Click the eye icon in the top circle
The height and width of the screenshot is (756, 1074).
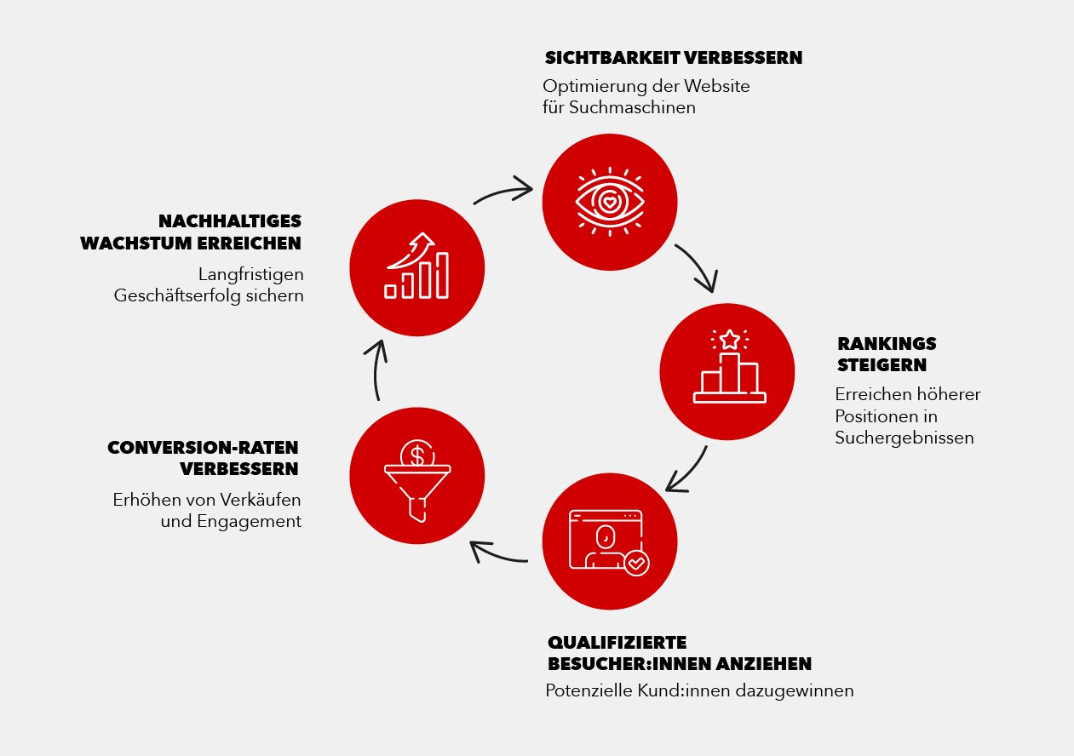pyautogui.click(x=610, y=202)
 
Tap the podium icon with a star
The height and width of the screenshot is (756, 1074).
pyautogui.click(x=729, y=366)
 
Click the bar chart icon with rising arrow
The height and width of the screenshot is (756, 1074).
pyautogui.click(x=416, y=266)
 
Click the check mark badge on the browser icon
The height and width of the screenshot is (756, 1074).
pyautogui.click(x=637, y=563)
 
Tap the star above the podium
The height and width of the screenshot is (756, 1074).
pyautogui.click(x=729, y=340)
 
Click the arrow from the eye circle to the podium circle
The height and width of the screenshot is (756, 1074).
pyautogui.click(x=701, y=266)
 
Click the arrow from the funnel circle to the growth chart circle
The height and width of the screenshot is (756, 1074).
pyautogui.click(x=376, y=369)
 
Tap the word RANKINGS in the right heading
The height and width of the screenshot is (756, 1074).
pyautogui.click(x=887, y=344)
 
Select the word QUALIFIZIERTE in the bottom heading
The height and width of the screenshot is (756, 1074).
pyautogui.click(x=617, y=643)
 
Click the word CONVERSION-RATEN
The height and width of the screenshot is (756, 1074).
pyautogui.click(x=203, y=448)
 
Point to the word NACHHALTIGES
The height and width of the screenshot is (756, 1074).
pyautogui.click(x=230, y=221)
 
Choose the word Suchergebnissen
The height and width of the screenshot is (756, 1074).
pyautogui.click(x=905, y=438)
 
